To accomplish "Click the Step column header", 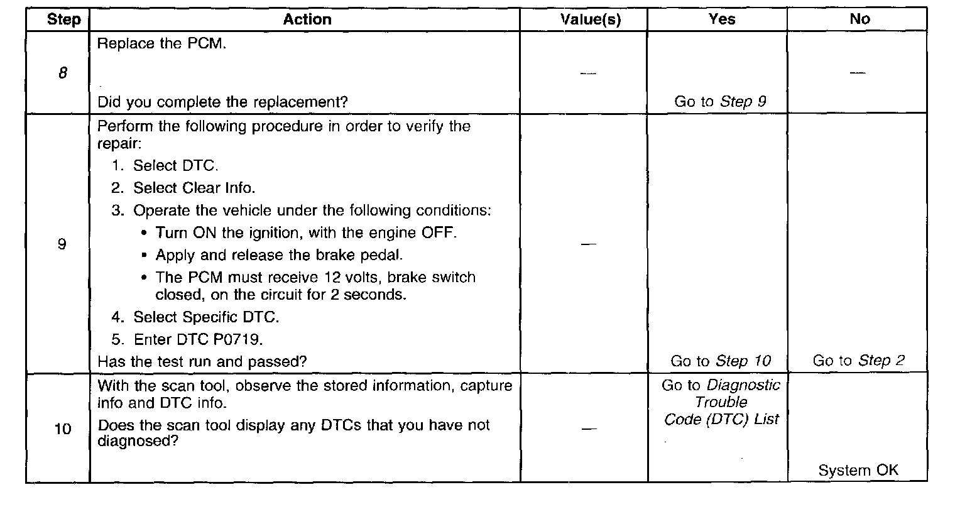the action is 63,19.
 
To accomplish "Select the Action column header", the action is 307,19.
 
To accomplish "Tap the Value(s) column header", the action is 590,19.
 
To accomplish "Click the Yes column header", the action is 721,19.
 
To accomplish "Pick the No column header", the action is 859,19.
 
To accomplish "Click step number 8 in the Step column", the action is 62,73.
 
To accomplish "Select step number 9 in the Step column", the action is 62,244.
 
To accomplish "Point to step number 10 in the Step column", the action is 63,430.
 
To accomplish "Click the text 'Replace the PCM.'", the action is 161,44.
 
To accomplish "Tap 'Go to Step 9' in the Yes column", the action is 720,101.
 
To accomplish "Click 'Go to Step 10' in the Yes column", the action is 720,361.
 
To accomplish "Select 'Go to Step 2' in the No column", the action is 858,361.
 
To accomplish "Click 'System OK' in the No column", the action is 858,470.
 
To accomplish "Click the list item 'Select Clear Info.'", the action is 194,188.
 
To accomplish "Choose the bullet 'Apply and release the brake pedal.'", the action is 279,255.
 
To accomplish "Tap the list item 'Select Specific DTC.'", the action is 205,317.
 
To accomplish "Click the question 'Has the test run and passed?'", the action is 202,361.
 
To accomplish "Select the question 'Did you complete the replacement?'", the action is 222,102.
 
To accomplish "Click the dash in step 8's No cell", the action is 858,73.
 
